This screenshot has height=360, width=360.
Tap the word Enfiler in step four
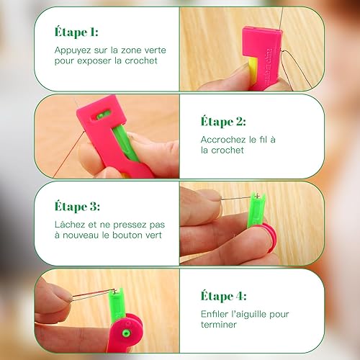tap(217, 313)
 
